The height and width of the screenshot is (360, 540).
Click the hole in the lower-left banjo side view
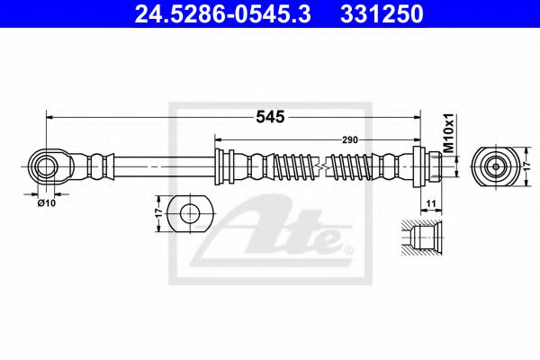[190, 213]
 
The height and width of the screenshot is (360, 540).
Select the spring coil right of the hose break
[354, 166]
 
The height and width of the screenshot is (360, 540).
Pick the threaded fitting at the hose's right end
[430, 166]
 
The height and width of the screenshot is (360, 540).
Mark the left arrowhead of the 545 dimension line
[49, 116]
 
